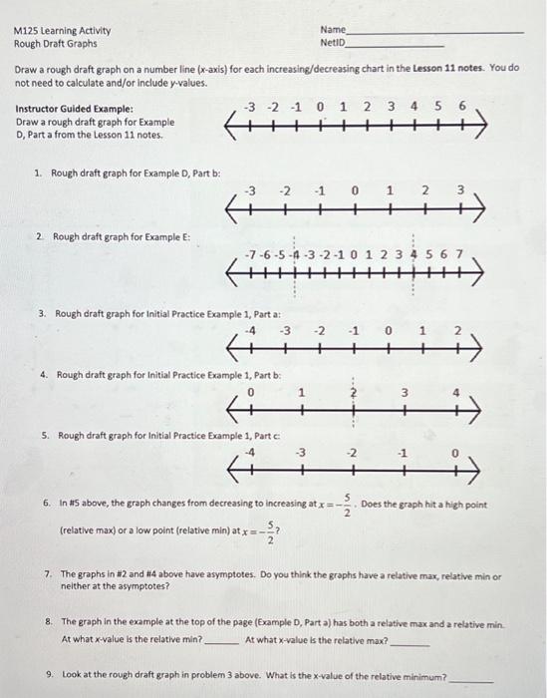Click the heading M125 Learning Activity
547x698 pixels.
pos(62,31)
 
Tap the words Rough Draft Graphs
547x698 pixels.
pos(56,44)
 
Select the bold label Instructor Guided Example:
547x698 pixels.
pos(75,109)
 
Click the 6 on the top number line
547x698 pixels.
pos(462,106)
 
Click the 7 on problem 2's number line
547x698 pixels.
pos(458,253)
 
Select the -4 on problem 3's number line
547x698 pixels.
pos(252,329)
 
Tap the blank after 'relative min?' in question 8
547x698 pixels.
pos(220,641)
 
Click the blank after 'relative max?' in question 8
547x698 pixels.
pos(410,641)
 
